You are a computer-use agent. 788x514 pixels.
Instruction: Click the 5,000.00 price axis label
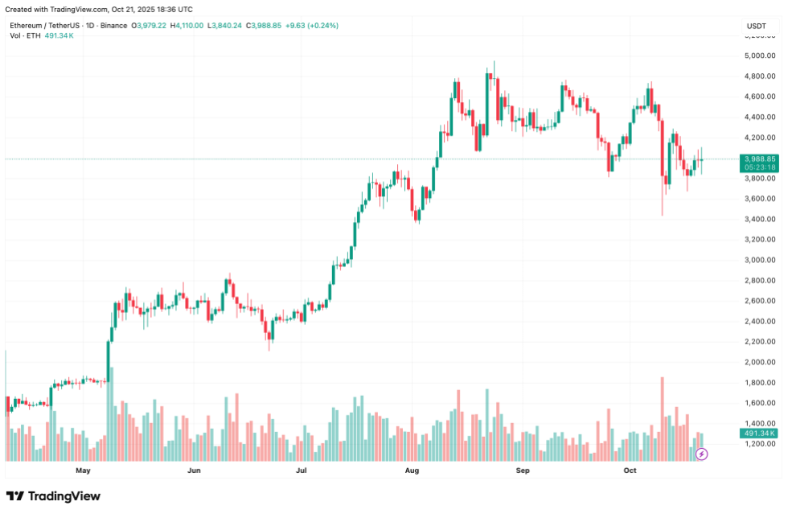pyautogui.click(x=760, y=56)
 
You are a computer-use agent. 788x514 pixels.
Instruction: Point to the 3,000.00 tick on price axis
pyautogui.click(x=760, y=260)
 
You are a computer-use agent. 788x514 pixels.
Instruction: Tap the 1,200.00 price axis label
pyautogui.click(x=760, y=444)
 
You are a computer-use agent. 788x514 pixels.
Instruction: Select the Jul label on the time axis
pyautogui.click(x=302, y=470)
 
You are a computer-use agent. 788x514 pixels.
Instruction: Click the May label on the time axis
pyautogui.click(x=82, y=470)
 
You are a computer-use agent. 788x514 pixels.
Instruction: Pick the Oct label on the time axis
pyautogui.click(x=630, y=470)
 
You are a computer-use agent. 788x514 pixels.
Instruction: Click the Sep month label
pyautogui.click(x=522, y=470)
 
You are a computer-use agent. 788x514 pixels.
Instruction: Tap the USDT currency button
pyautogui.click(x=757, y=27)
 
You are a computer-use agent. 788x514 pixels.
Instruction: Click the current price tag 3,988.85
pyautogui.click(x=760, y=159)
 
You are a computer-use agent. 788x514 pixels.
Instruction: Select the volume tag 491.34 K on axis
pyautogui.click(x=758, y=434)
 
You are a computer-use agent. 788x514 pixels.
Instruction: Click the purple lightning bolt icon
pyautogui.click(x=701, y=454)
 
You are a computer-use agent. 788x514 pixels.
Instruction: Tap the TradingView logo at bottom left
pyautogui.click(x=53, y=496)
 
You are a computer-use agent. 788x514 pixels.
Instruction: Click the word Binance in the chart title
pyautogui.click(x=113, y=26)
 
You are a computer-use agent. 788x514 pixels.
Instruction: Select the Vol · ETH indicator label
pyautogui.click(x=26, y=36)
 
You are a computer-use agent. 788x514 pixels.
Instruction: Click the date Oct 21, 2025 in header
pyautogui.click(x=134, y=9)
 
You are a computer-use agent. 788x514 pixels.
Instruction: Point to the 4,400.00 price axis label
pyautogui.click(x=760, y=117)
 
